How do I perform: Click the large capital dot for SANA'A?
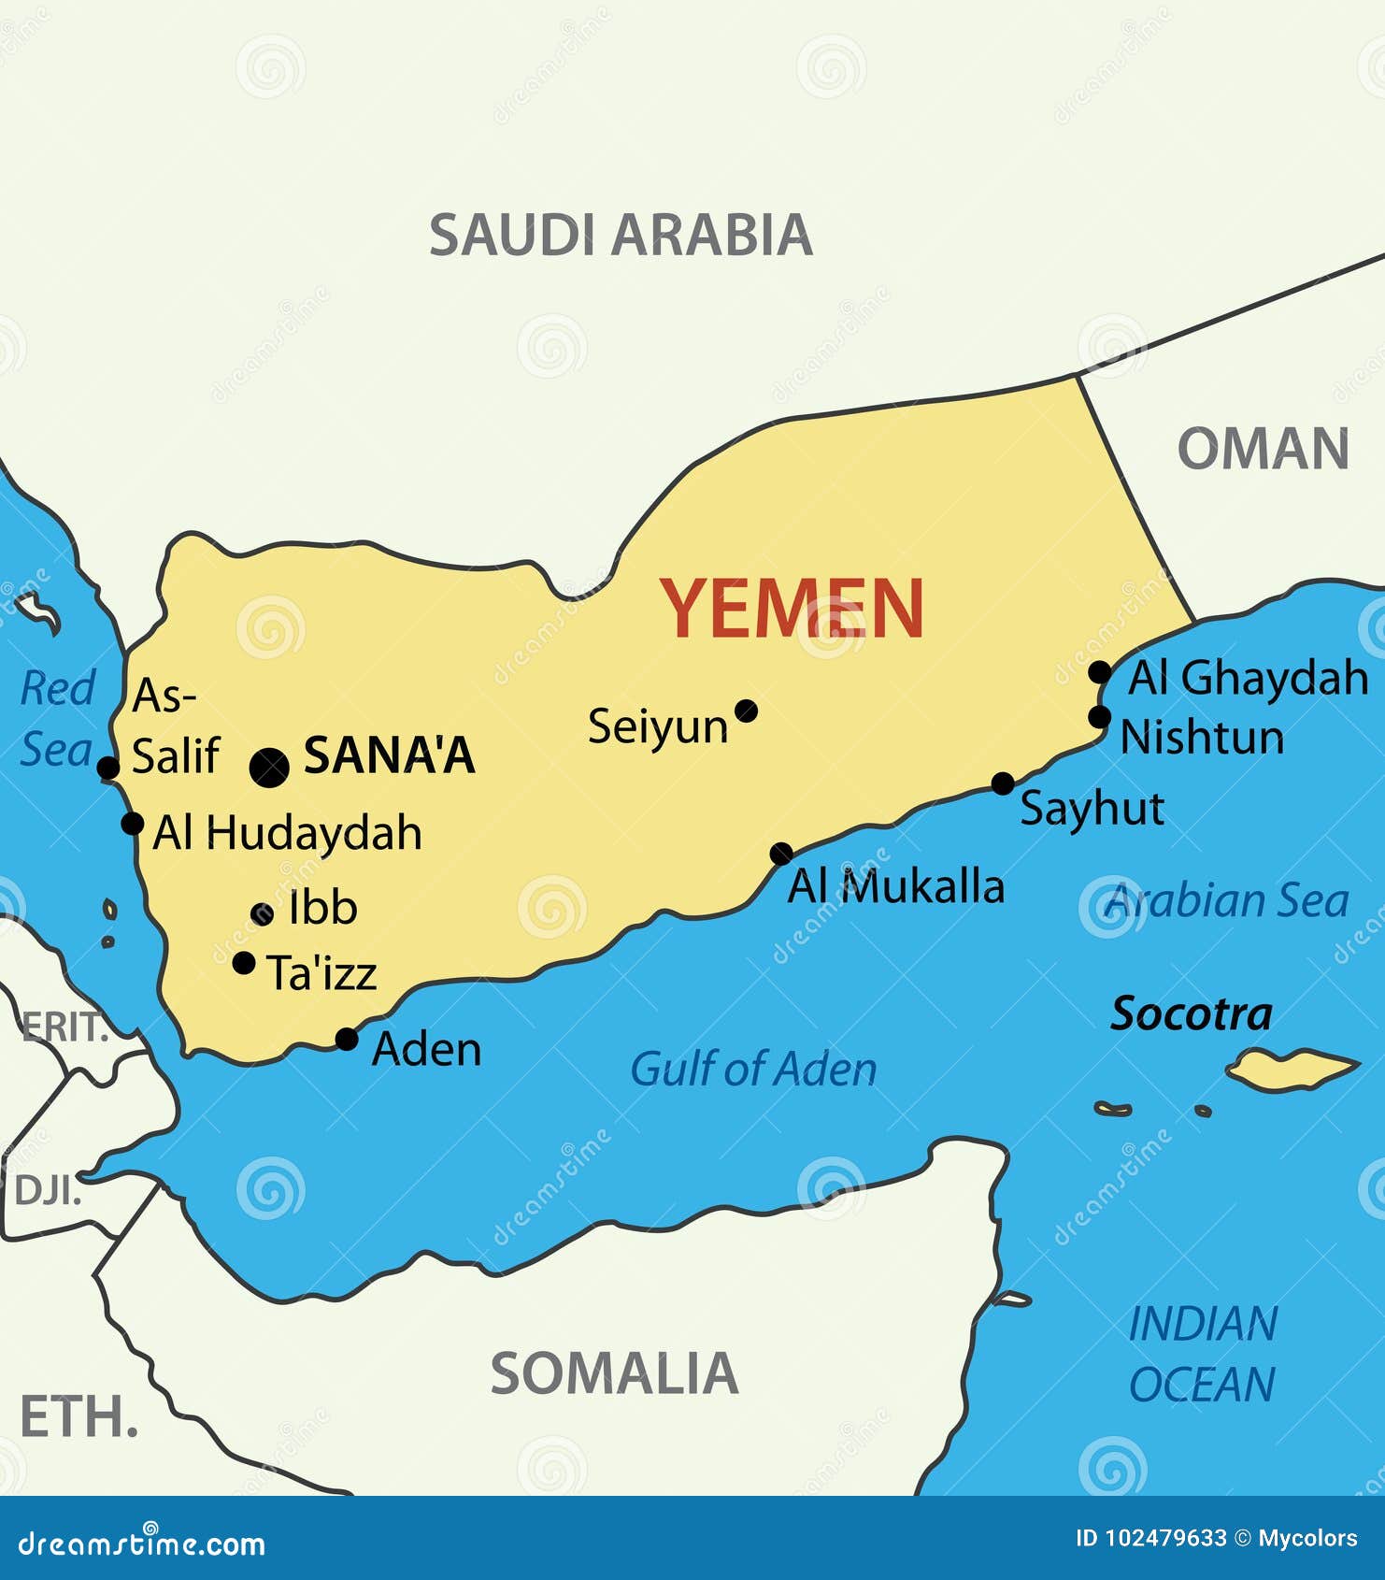[x=269, y=768]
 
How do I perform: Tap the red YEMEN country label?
[x=792, y=608]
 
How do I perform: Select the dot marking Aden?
[x=347, y=1039]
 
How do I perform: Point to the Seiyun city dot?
[x=746, y=711]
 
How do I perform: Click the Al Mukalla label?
[x=895, y=886]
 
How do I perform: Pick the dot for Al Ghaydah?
[x=1100, y=671]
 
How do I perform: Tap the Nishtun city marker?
[x=1100, y=717]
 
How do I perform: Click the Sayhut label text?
[x=1092, y=809]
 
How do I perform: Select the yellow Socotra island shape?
[x=1291, y=1069]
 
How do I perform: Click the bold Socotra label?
[x=1191, y=1014]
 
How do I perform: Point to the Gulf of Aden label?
[x=753, y=1069]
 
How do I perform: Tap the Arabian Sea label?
[x=1227, y=901]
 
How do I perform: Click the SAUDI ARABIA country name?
[x=621, y=235]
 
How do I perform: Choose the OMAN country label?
[x=1263, y=449]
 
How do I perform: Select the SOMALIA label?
[x=614, y=1373]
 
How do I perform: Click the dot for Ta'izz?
[x=244, y=962]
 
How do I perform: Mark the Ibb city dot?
[x=263, y=913]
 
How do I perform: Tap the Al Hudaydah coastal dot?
[x=133, y=824]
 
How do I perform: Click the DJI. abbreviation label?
[x=47, y=1191]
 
